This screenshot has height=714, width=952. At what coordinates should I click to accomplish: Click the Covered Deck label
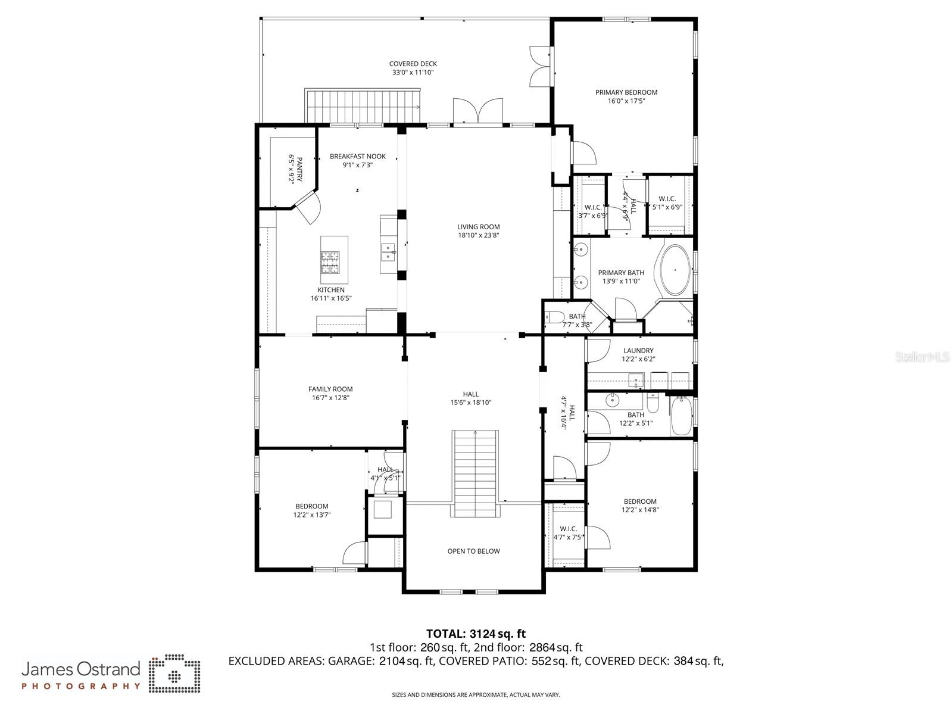click(x=413, y=64)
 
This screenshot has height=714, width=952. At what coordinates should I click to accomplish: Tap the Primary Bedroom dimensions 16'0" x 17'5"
click(x=626, y=101)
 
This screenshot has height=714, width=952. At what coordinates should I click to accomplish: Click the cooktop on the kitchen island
click(x=330, y=258)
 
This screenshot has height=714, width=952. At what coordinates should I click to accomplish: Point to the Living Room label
click(x=478, y=226)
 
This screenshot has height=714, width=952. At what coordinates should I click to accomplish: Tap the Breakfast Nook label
click(x=358, y=156)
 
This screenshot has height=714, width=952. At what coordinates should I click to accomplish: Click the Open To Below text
click(x=473, y=551)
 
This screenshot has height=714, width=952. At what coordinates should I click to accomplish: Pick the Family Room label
click(x=330, y=389)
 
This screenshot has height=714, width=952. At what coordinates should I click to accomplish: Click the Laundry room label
click(x=638, y=350)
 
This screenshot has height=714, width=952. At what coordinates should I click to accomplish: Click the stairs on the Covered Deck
click(x=363, y=105)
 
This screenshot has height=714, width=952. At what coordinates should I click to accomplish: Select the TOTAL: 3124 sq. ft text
click(x=476, y=634)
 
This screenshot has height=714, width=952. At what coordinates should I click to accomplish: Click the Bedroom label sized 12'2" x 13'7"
click(x=311, y=506)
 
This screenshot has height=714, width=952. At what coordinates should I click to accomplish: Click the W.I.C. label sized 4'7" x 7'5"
click(x=568, y=529)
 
